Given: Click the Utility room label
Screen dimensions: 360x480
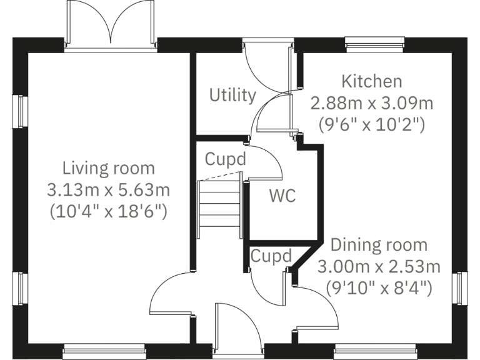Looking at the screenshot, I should (232, 95).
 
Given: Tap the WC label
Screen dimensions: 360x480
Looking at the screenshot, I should (282, 196).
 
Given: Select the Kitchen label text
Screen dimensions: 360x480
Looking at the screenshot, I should (371, 81).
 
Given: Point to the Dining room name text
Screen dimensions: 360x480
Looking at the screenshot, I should (379, 244).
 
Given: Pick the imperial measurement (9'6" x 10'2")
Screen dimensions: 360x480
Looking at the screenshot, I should (372, 123).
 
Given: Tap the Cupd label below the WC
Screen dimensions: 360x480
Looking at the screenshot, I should (271, 256).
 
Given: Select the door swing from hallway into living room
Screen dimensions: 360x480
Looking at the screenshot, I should (171, 294).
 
